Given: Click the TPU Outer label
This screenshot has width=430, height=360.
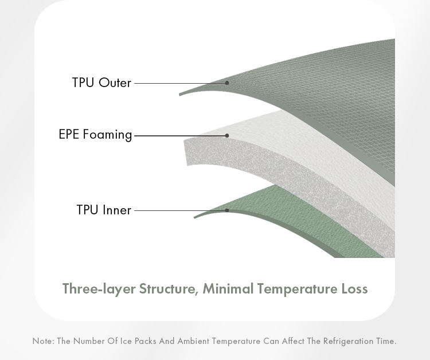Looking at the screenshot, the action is point(101,83).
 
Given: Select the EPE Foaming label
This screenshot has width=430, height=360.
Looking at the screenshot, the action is point(95,135).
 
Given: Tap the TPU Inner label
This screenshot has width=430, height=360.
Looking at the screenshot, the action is point(104,210).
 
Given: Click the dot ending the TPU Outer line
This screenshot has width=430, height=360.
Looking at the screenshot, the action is point(227,83).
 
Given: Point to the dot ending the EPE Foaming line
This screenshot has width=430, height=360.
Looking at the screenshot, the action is point(227,135).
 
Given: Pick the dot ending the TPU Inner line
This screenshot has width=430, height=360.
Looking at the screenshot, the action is point(227,210).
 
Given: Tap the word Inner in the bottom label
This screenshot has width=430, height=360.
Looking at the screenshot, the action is point(117,210).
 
